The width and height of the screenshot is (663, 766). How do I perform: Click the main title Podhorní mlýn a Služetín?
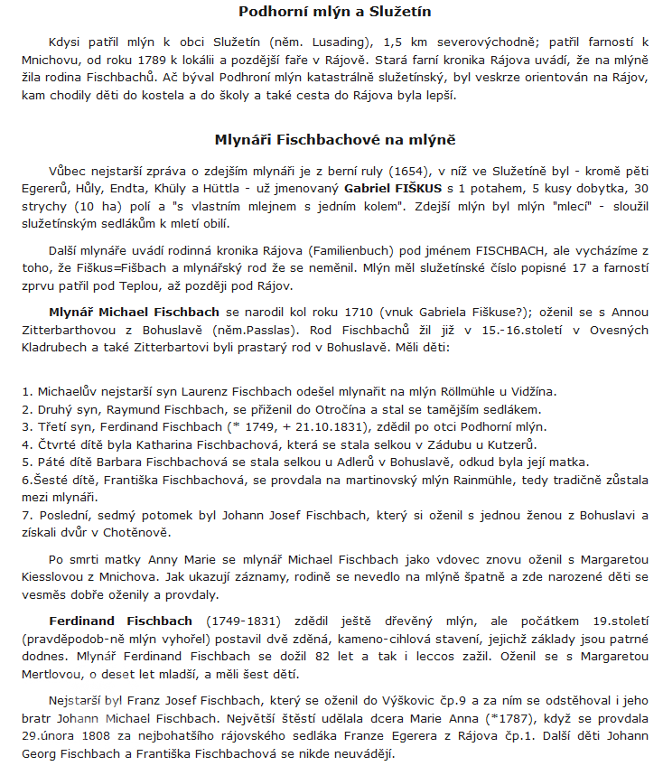pyautogui.click(x=335, y=12)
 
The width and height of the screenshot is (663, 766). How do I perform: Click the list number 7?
pyautogui.click(x=27, y=514)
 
